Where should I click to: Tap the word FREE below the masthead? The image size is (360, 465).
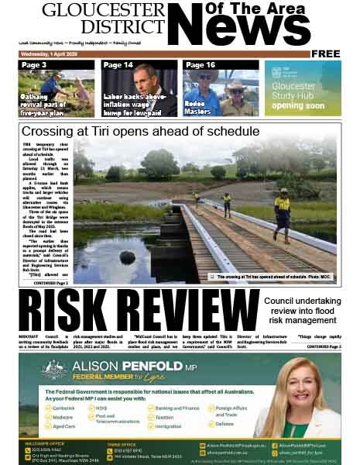[x=326, y=53]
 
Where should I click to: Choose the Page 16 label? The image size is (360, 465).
[x=200, y=65]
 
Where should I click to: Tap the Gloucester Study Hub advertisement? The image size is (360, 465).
[x=303, y=88]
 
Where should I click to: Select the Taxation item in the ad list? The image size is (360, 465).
[x=166, y=416]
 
